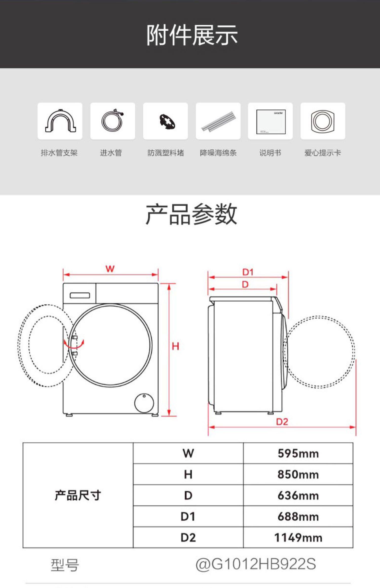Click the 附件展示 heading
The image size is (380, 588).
pos(192,35)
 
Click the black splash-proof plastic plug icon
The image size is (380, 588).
pos(167,122)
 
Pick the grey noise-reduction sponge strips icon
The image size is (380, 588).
pos(218,121)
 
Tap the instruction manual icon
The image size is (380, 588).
pos(271,122)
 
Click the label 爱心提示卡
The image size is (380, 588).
pos(322,153)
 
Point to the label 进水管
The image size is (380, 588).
pos(111,153)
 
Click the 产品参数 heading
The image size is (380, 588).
pos(191,214)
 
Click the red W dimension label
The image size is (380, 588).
pos(110,268)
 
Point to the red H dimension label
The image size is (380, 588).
pos(175,346)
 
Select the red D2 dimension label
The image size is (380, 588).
pos(282,422)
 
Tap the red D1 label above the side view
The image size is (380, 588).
pos(248,272)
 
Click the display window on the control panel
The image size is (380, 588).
pos(80,296)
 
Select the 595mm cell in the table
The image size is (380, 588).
pos(298,453)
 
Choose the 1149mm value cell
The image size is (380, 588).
pos(298,537)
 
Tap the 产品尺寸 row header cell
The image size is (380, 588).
pos(78,495)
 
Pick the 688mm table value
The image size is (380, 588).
pos(298,516)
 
